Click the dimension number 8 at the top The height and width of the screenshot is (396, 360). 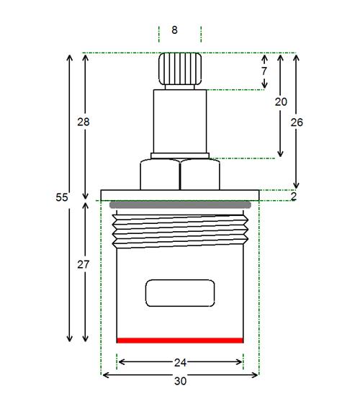(x=174, y=30)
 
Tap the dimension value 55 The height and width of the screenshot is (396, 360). (x=62, y=197)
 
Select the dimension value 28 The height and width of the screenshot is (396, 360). (x=84, y=122)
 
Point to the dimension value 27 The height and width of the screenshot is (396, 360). (x=84, y=265)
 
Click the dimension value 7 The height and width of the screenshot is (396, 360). (x=264, y=71)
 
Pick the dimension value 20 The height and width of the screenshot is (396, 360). (x=281, y=102)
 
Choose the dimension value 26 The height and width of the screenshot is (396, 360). (x=297, y=122)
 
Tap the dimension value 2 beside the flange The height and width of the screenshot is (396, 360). (x=294, y=197)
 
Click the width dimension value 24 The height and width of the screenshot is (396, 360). (x=181, y=363)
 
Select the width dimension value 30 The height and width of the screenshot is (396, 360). (x=181, y=381)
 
